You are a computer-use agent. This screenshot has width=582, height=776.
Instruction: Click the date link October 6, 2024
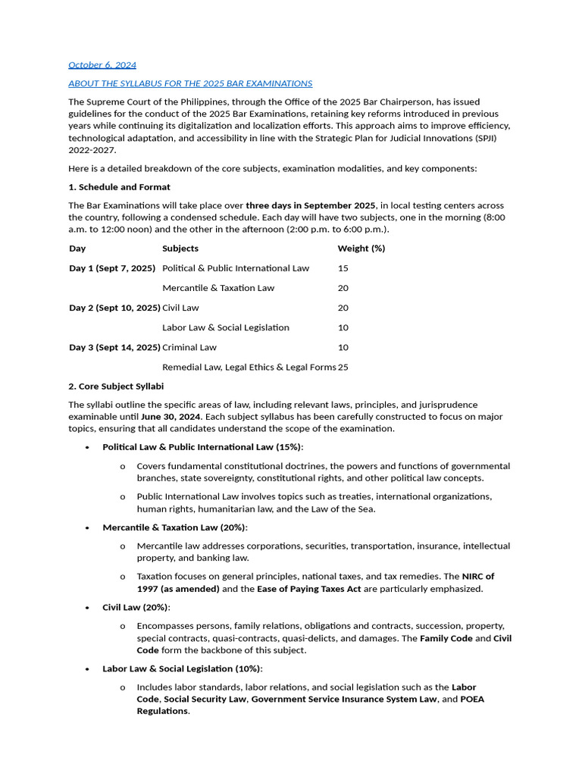pyautogui.click(x=102, y=65)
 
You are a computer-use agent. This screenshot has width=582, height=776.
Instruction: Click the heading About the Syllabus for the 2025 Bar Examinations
pyautogui.click(x=190, y=83)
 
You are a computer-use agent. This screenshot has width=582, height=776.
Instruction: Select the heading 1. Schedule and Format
pyautogui.click(x=119, y=187)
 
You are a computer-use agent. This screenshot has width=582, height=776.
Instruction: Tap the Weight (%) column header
pyautogui.click(x=361, y=249)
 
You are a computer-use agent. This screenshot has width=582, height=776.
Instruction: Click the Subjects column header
pyautogui.click(x=180, y=249)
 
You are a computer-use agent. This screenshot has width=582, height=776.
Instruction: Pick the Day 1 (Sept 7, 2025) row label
pyautogui.click(x=112, y=268)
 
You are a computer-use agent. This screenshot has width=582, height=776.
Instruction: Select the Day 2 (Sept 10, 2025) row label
pyautogui.click(x=114, y=308)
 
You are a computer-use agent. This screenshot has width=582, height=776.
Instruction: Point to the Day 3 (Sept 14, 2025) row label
pyautogui.click(x=114, y=347)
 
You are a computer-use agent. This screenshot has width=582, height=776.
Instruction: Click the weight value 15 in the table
pyautogui.click(x=343, y=268)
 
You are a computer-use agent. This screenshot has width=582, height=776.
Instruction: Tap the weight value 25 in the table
pyautogui.click(x=343, y=368)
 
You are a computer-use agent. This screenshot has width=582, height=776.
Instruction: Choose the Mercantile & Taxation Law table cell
pyautogui.click(x=218, y=288)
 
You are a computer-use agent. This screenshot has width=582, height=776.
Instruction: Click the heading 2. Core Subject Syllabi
pyautogui.click(x=116, y=386)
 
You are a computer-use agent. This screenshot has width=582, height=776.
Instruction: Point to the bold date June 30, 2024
pyautogui.click(x=171, y=417)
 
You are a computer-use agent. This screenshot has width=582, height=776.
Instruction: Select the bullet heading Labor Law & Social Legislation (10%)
pyautogui.click(x=183, y=669)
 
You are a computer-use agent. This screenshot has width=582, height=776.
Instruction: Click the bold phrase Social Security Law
pyautogui.click(x=205, y=699)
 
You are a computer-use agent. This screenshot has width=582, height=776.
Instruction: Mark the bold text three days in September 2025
pyautogui.click(x=311, y=206)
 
